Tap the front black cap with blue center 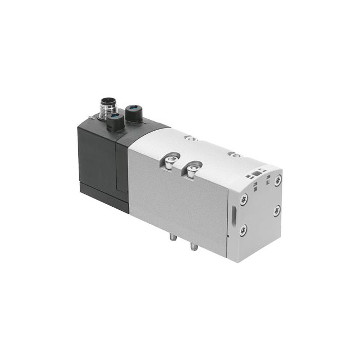[114, 122]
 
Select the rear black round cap [134, 113]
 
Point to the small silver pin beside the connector [92, 118]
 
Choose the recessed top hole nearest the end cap [235, 154]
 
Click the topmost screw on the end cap [278, 181]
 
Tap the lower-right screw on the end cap [277, 211]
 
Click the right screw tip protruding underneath [194, 247]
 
